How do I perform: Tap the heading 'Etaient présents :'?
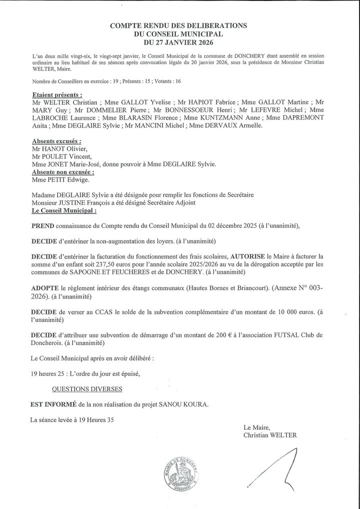[x=56, y=94]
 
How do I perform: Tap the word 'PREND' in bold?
[x=42, y=226]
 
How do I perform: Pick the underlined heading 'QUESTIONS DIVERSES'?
[x=87, y=388]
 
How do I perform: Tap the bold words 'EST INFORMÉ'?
[x=53, y=404]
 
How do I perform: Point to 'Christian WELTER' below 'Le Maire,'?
[x=269, y=435]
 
